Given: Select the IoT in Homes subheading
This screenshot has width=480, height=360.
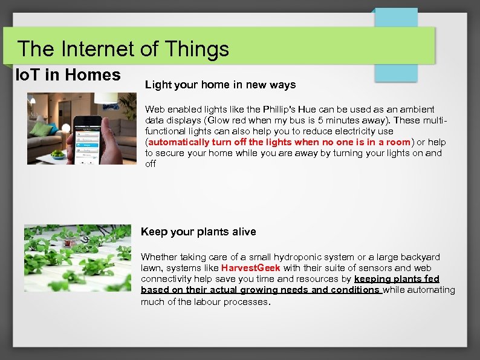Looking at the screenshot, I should (x=68, y=75).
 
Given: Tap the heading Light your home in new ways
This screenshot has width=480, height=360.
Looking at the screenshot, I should (x=220, y=85).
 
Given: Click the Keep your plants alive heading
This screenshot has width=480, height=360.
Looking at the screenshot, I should (x=198, y=232).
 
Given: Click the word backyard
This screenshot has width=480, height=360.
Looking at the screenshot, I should (x=420, y=257).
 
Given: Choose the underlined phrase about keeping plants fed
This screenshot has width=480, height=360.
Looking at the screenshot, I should (x=290, y=284).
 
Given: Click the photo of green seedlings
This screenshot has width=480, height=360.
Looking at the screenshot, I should (x=77, y=258).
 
